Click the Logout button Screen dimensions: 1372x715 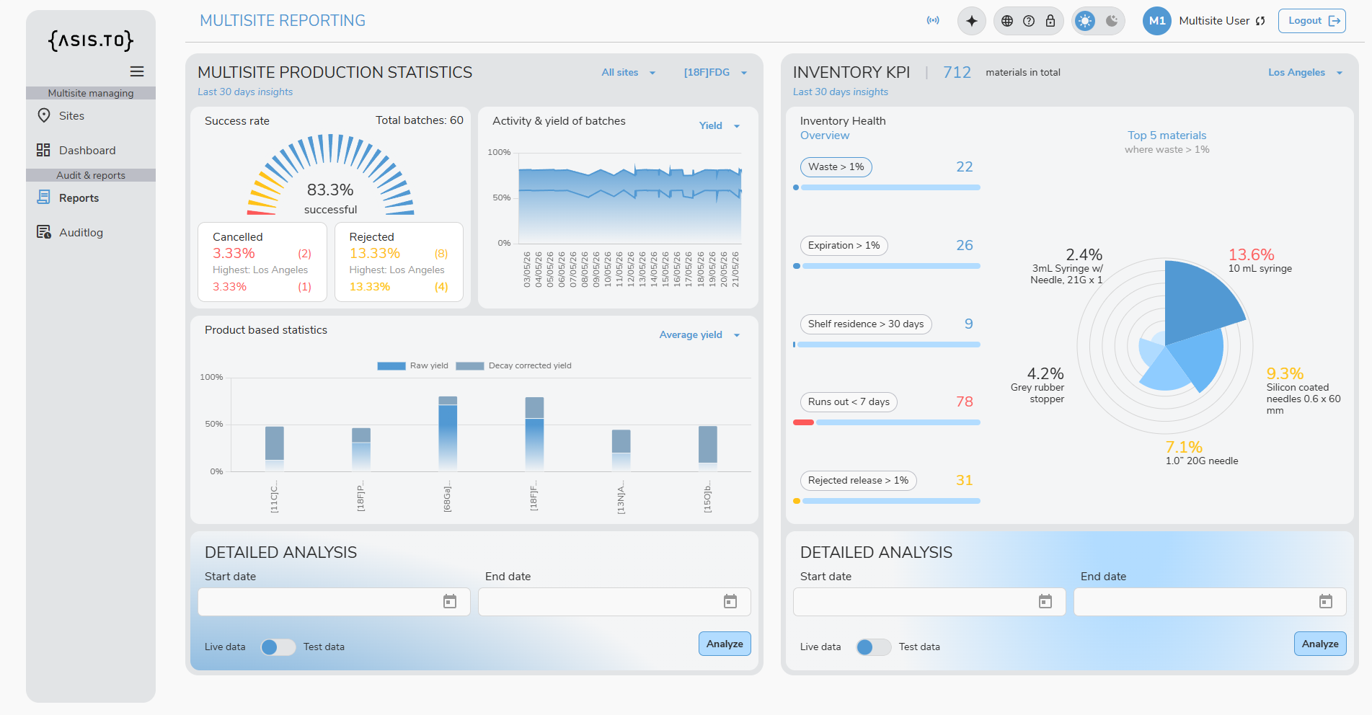(x=1311, y=21)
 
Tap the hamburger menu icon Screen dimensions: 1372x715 (x=137, y=71)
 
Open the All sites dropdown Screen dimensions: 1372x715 (x=629, y=72)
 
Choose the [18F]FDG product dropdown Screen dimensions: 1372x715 (x=715, y=72)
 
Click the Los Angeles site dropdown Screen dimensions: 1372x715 (x=1305, y=72)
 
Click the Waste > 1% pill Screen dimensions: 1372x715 (x=836, y=167)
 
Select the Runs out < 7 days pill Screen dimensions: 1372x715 (x=849, y=402)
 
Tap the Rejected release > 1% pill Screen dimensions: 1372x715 (x=858, y=481)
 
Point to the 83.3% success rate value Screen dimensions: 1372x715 (x=330, y=190)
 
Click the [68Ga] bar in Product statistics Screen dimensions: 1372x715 (x=448, y=432)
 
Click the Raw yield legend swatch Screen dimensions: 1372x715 (x=391, y=366)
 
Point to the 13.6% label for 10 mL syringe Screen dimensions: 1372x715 (x=1252, y=254)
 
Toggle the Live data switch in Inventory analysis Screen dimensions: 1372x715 (x=873, y=647)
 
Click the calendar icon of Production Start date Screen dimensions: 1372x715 (x=450, y=602)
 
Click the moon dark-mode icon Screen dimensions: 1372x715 (x=1112, y=21)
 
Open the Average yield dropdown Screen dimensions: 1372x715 (x=699, y=335)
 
